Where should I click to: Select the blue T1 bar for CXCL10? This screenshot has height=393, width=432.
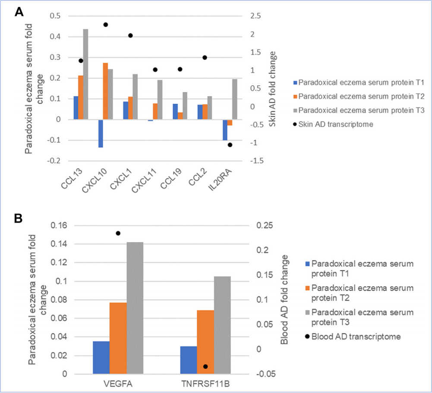click(x=101, y=134)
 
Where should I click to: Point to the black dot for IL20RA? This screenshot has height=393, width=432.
click(x=230, y=145)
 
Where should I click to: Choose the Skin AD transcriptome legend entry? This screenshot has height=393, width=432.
click(x=336, y=124)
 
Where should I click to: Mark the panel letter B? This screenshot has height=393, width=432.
click(x=19, y=219)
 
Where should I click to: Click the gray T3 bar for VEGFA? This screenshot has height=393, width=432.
click(x=135, y=308)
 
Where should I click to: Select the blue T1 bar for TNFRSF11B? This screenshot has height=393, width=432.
click(x=189, y=360)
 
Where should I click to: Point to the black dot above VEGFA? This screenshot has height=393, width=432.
click(x=118, y=233)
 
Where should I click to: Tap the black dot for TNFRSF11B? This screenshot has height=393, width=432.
click(x=205, y=367)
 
